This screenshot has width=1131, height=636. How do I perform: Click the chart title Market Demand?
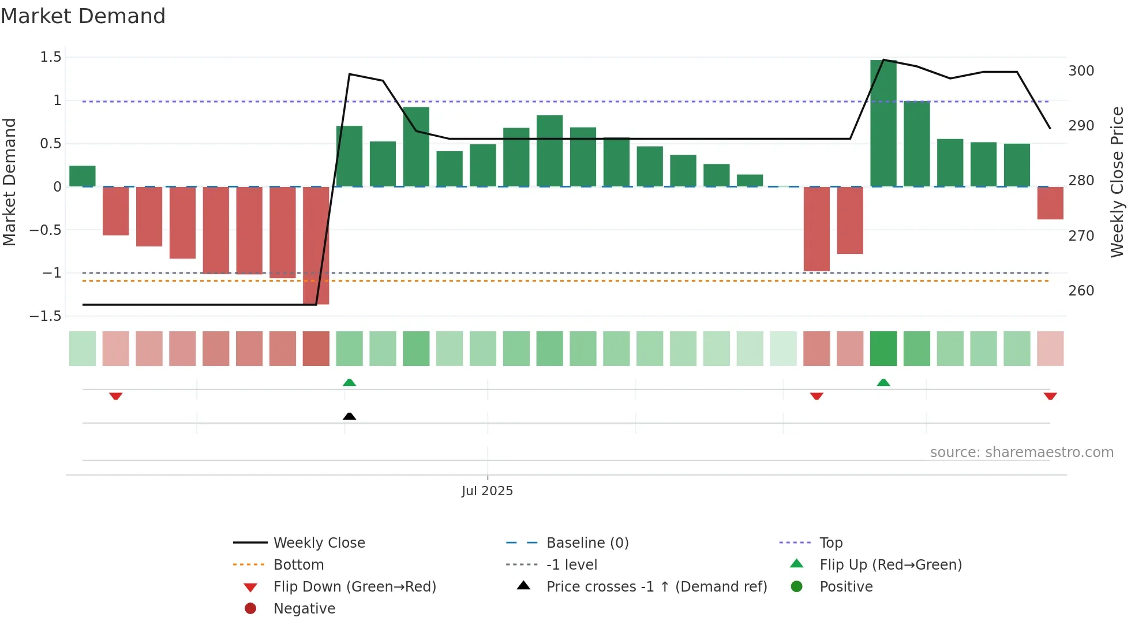point(83,16)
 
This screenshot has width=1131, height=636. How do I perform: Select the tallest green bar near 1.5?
point(883,123)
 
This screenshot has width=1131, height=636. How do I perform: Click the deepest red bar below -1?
point(316,245)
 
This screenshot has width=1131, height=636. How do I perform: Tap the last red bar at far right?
point(1050,203)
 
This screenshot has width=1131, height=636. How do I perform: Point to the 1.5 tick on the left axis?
point(51,57)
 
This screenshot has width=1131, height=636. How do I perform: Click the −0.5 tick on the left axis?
point(46,230)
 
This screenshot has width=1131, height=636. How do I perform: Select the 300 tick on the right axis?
point(1081,71)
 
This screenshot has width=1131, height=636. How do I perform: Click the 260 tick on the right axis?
point(1081,291)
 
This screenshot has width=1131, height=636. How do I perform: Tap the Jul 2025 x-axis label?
point(487,491)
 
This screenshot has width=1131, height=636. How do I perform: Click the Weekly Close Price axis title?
point(1117,182)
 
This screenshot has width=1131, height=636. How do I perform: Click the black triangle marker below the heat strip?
point(349,416)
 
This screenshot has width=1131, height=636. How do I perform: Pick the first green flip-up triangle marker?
point(349,382)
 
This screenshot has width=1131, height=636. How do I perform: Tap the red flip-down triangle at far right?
point(1050,396)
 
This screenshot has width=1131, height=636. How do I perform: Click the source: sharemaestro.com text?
point(1021,452)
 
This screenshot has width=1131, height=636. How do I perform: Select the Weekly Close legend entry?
point(319,543)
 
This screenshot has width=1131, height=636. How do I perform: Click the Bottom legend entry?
point(298,565)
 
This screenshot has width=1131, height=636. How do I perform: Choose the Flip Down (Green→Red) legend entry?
point(354,587)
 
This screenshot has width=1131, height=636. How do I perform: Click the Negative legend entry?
point(304,609)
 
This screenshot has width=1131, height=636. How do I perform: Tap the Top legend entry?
point(830,543)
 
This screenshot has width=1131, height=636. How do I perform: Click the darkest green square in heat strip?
point(883,349)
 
